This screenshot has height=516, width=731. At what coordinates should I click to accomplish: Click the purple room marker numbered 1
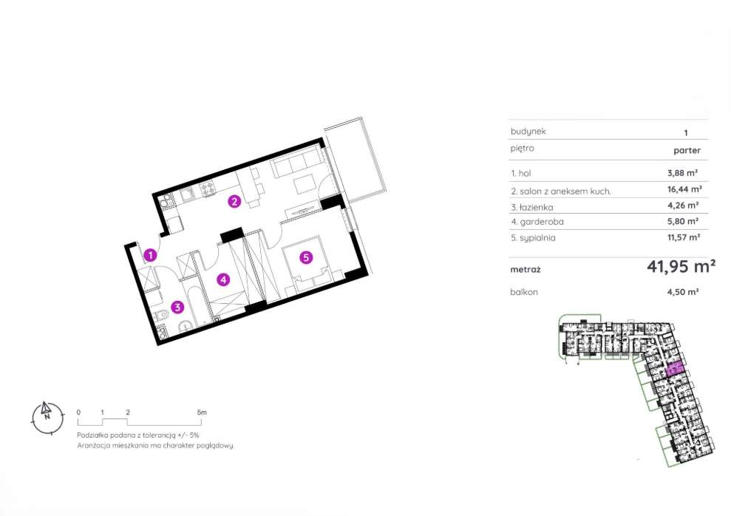click(150, 256)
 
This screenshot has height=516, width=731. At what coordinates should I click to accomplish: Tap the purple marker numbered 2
click(234, 200)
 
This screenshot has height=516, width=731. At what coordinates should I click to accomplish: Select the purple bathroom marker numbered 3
click(177, 307)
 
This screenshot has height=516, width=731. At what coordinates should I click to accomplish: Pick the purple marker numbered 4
click(222, 279)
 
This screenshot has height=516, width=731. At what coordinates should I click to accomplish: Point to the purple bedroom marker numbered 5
click(305, 257)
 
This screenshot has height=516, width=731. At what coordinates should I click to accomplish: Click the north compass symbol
click(46, 416)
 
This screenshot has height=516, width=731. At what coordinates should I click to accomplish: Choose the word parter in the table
click(687, 150)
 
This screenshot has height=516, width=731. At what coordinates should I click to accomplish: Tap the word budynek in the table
click(528, 131)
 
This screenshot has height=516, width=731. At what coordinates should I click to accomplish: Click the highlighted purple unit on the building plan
click(674, 370)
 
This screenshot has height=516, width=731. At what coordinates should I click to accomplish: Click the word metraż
click(526, 270)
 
